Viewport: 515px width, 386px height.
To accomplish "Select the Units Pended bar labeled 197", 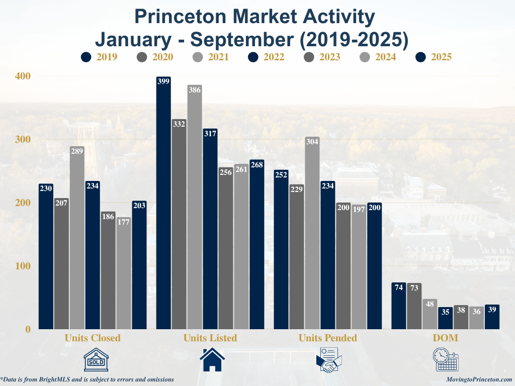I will pos(359,266).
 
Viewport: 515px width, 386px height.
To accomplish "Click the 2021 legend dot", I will pos(197,57).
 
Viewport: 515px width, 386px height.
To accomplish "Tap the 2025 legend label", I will pos(441,57).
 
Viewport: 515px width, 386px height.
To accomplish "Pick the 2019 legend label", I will pos(107,57).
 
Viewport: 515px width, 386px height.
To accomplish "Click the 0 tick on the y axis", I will pos(28,329).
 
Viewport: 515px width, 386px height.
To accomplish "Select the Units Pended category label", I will pos(327,338).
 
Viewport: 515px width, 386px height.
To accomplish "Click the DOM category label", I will pos(446,338).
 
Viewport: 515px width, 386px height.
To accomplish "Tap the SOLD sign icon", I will pos(96,360).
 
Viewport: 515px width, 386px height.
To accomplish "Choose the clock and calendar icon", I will pos(446,360).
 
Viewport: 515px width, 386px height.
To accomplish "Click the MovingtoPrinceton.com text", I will pos(479,379).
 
